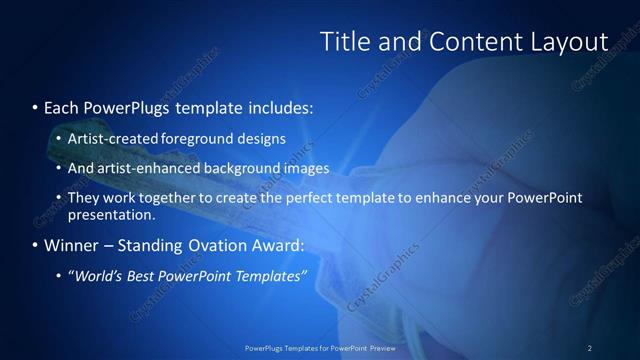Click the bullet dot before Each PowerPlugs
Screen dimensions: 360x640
(35, 106)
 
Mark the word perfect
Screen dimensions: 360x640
(311, 198)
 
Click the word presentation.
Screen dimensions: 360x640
(111, 214)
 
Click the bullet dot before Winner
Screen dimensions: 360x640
(35, 245)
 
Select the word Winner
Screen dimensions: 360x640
(71, 245)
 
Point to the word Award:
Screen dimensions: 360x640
(281, 245)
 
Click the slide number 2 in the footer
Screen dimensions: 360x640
(590, 348)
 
